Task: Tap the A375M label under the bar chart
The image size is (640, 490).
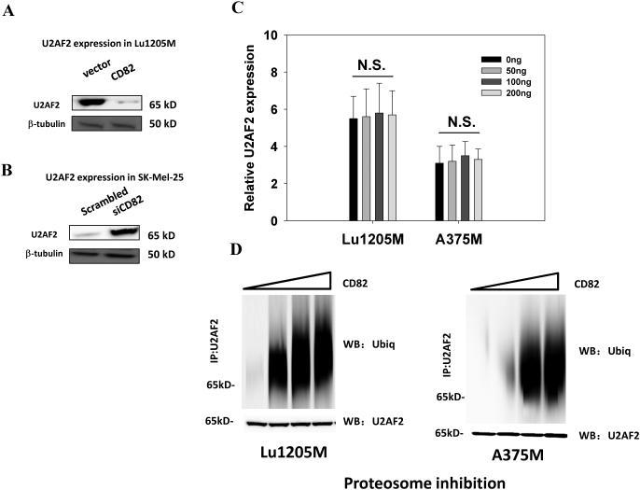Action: (458, 238)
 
